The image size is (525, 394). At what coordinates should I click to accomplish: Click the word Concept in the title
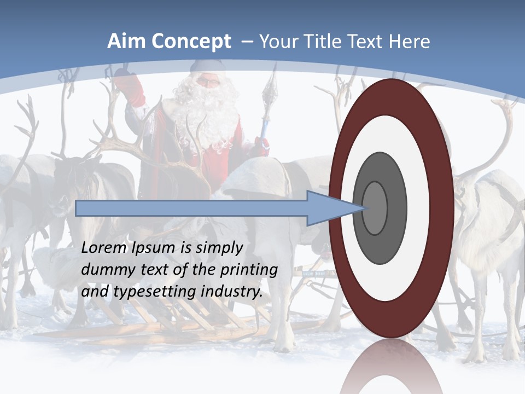pyautogui.click(x=190, y=42)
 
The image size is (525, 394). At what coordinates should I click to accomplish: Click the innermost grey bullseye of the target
pyautogui.click(x=375, y=208)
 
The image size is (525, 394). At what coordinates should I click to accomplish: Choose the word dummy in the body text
pyautogui.click(x=104, y=270)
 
